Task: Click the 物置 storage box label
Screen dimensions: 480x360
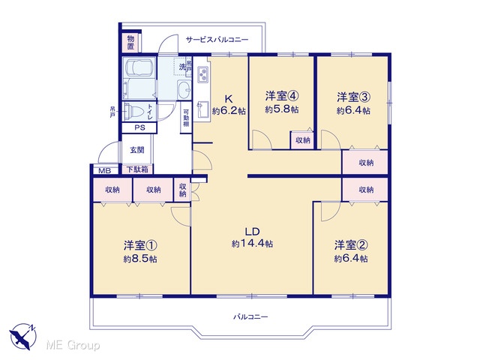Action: click(x=131, y=43)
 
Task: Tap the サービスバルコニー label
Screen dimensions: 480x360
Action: click(x=217, y=40)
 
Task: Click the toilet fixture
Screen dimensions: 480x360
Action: click(x=132, y=111)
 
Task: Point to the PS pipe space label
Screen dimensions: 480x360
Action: click(x=140, y=127)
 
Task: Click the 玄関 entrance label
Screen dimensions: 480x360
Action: click(x=136, y=150)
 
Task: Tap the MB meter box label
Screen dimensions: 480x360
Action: click(x=105, y=171)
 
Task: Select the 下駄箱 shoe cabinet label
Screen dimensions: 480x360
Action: click(x=137, y=169)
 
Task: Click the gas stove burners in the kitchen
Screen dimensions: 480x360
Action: click(x=202, y=74)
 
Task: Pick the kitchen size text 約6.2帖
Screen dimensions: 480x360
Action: click(x=229, y=111)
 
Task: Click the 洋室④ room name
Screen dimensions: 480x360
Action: click(x=282, y=96)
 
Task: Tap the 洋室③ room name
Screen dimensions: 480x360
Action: click(x=353, y=97)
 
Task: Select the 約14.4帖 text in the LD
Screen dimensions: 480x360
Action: click(x=252, y=244)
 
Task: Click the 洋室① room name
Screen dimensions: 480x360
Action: click(x=140, y=245)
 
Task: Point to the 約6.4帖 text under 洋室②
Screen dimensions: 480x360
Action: click(x=351, y=259)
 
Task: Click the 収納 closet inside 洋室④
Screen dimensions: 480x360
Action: click(x=303, y=140)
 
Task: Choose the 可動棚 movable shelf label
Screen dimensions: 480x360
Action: click(x=186, y=118)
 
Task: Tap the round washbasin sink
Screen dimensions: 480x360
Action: click(x=184, y=89)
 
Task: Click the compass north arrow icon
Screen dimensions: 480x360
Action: click(x=22, y=336)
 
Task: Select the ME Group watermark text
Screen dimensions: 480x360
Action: click(x=73, y=346)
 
